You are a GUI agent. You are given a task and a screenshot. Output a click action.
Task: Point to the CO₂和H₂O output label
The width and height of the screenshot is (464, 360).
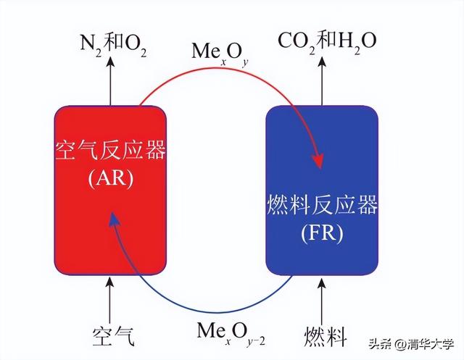pos(327,41)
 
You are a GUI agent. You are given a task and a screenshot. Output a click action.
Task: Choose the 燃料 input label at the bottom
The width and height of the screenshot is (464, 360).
pos(326,336)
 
